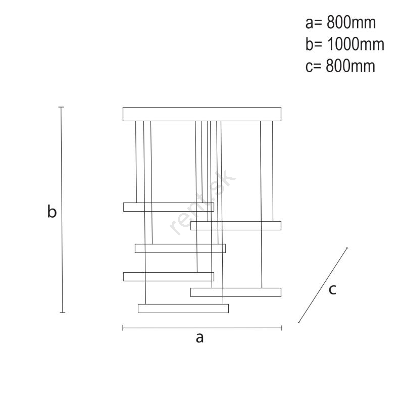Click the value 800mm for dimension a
pos(351,22)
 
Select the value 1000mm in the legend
pos(356,44)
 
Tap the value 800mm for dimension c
pos(350,66)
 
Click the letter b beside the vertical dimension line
pos(52,211)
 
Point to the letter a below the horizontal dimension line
pos(199,338)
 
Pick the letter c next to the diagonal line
pos(332,289)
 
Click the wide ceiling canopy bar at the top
pos(202,114)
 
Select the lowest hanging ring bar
pos(183,309)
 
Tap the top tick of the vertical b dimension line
pos(61,107)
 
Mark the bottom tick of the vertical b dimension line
pos(62,313)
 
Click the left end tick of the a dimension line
pos(123,328)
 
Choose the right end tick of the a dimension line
pos(282,328)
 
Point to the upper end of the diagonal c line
pos(347,248)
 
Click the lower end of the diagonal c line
pos(299,322)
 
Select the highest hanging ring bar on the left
pos(169,207)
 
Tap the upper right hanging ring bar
pos(236,225)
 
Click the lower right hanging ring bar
pos(236,292)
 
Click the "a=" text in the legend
pos(314,23)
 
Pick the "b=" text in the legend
pos(314,44)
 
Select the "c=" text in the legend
pos(313,67)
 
